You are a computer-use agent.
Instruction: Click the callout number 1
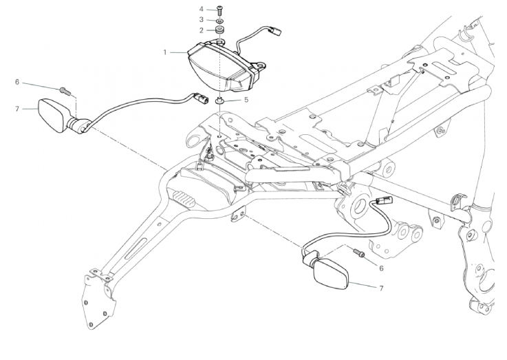tap(165, 52)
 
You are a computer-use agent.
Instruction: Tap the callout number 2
tap(202, 30)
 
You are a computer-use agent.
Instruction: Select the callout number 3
tap(202, 20)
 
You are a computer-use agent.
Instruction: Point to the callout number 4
tap(202, 9)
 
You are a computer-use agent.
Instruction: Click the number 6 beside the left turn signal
tap(17, 82)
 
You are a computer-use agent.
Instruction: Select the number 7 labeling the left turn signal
tap(17, 107)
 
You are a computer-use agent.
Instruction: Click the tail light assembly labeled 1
tap(220, 65)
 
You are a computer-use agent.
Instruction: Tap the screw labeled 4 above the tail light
tap(219, 10)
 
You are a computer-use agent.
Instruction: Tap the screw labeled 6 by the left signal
tap(64, 89)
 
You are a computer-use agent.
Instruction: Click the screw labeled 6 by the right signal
tap(358, 253)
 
